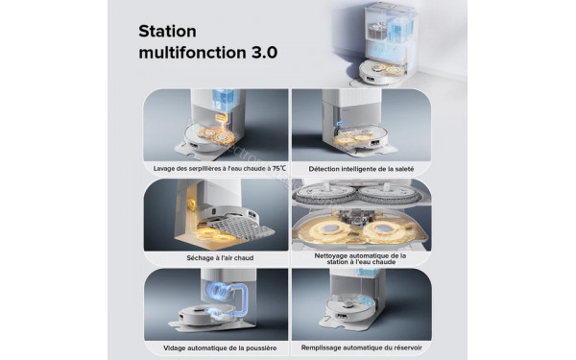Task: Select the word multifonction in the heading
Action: click(192, 51)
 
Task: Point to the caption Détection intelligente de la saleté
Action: click(360, 169)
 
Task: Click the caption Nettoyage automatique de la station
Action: click(360, 260)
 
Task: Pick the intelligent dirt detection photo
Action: click(360, 125)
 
